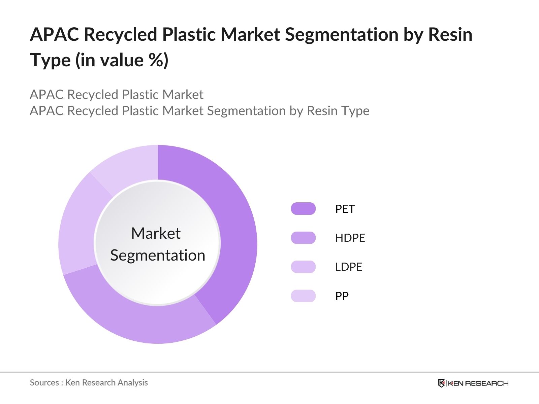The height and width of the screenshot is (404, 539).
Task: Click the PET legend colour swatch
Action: (303, 209)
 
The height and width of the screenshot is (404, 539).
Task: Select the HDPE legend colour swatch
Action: (303, 238)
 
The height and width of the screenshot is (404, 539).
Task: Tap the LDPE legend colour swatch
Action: (303, 267)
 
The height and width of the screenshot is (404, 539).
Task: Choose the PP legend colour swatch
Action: (303, 296)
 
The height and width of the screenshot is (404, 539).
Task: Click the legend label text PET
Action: (345, 209)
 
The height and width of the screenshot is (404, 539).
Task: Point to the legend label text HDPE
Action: (350, 238)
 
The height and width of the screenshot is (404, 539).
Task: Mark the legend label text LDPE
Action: (349, 267)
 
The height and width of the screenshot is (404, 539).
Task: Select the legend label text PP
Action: (342, 296)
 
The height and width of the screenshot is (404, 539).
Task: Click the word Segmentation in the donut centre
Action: (158, 256)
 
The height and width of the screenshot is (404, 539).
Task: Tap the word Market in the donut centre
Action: (156, 233)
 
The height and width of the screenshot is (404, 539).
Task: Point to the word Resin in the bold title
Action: (450, 35)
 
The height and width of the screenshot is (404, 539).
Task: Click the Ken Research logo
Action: (473, 383)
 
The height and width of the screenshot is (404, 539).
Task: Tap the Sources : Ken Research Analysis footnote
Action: (89, 383)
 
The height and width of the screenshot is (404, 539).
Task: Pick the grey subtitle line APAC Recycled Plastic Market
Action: (117, 95)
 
